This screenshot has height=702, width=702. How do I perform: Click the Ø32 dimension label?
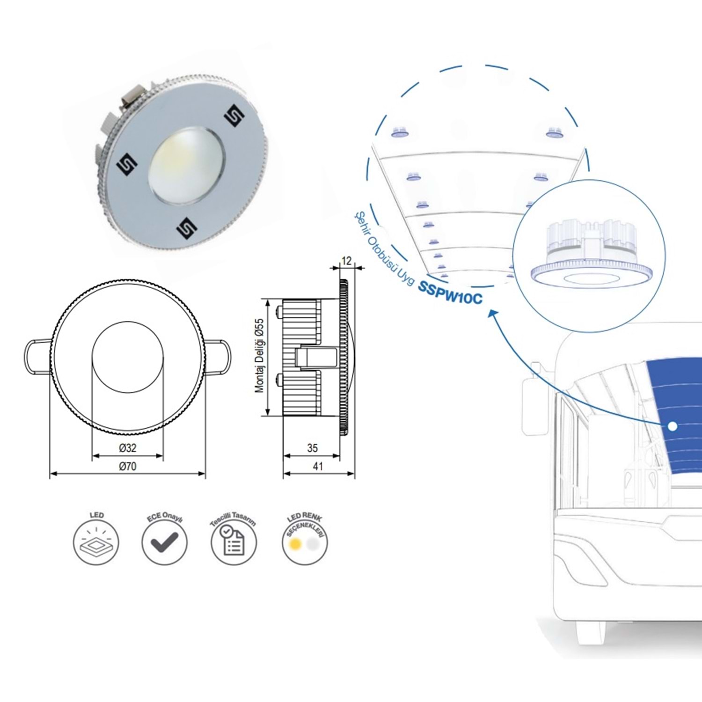[127, 448]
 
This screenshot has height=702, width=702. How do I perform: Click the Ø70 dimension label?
[127, 466]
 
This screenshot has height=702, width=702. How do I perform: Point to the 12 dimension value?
[346, 261]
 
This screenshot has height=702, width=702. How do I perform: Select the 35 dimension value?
[312, 448]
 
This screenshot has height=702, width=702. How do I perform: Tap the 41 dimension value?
[318, 466]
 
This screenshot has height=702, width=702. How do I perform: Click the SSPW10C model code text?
[450, 293]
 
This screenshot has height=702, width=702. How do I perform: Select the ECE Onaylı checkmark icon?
[164, 542]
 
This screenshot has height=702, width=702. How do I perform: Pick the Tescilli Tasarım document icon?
[233, 542]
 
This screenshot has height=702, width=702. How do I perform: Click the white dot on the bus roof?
[673, 426]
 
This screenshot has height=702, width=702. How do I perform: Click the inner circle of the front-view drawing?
[128, 357]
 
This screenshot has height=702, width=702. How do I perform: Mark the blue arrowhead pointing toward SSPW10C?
[492, 313]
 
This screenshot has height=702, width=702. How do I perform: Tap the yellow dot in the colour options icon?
[295, 544]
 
